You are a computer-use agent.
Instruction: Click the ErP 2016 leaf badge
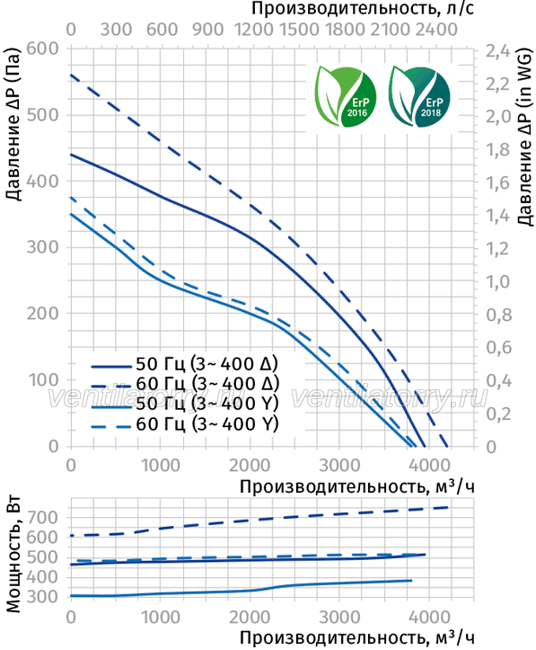coord(345,96)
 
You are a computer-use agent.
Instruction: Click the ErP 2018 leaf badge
coord(419,96)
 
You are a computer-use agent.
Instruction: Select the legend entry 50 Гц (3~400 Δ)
coord(185,364)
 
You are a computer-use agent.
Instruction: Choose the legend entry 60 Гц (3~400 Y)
coord(185,424)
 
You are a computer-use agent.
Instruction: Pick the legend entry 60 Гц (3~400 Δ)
coord(185,384)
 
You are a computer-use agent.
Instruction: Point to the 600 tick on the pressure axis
coord(42,49)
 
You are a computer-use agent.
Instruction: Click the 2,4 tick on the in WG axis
coord(498,51)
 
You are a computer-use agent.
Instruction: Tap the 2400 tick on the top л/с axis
coord(436,30)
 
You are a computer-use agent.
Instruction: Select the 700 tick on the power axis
coord(43,517)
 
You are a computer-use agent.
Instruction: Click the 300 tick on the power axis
coord(43,597)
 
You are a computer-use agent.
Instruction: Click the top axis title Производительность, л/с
coord(363,9)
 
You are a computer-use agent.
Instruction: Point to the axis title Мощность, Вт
coord(13,554)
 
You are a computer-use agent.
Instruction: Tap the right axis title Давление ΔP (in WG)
coord(524,138)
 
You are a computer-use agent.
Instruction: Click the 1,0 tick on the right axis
coord(498,282)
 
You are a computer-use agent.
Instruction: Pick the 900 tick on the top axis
coord(207,30)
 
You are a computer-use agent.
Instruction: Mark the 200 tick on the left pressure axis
coord(42,314)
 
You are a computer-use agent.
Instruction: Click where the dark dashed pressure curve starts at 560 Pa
coord(71,75)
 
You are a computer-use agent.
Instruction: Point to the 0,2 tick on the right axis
coord(498,414)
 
